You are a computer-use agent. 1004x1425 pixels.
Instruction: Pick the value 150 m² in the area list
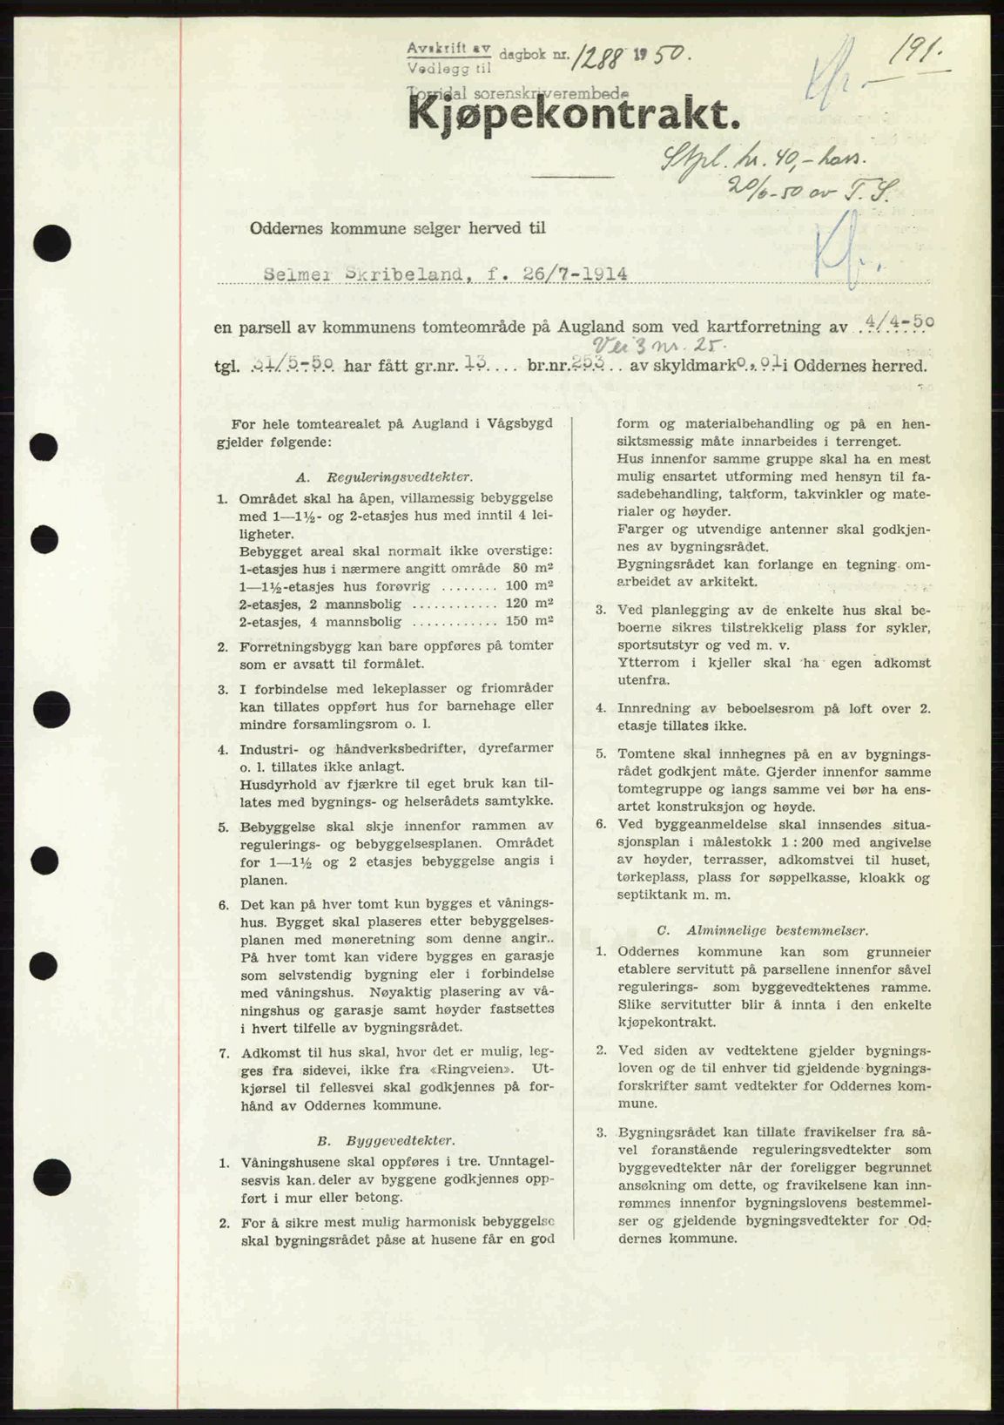click(x=533, y=621)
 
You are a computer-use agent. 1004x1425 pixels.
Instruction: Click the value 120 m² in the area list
click(x=533, y=604)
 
